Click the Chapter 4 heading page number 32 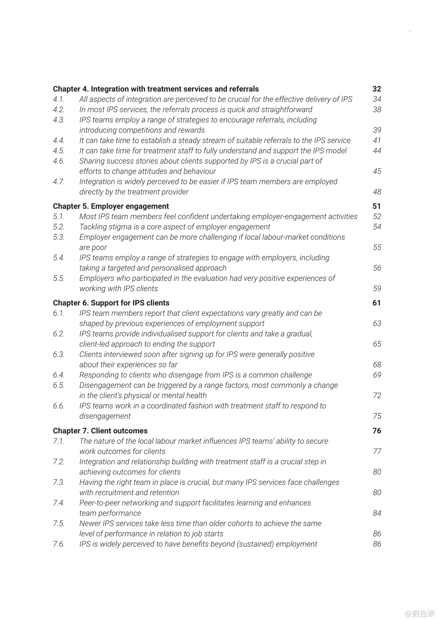[376, 89]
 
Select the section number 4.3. [59, 120]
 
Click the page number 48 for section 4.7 [377, 192]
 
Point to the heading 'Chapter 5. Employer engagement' [111, 206]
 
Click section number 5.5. [59, 279]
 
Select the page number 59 [377, 289]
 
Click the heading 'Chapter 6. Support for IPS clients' [111, 303]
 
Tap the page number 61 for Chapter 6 [376, 303]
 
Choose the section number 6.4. [59, 375]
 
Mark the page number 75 [377, 416]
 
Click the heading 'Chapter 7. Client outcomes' [100, 431]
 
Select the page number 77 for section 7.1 [377, 451]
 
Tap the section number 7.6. [59, 544]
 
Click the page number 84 [377, 513]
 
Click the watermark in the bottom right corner [420, 613]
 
